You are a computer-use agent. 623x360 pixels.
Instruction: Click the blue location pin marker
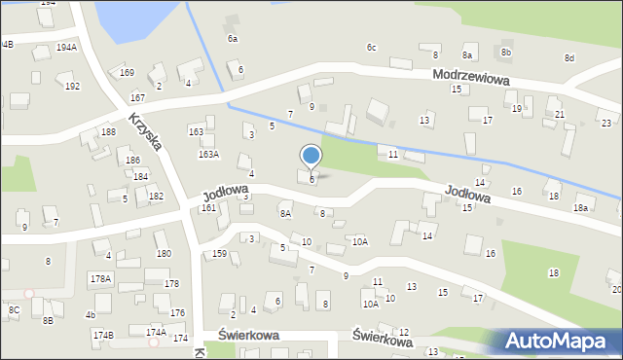coord(311,157)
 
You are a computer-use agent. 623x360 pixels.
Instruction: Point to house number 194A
coord(66,47)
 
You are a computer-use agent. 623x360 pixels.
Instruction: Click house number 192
coord(72,87)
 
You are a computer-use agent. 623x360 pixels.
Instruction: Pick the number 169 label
coord(127,73)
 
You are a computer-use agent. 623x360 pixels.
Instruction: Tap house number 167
coord(137,98)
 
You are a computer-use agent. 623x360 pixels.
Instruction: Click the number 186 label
coord(132,160)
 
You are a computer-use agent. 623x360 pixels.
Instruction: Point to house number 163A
coord(208,155)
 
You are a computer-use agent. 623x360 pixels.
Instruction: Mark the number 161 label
coord(208,208)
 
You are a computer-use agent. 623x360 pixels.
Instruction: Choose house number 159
coord(220,254)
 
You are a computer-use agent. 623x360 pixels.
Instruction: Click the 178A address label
coord(101,278)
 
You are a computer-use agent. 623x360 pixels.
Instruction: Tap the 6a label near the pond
coord(233,39)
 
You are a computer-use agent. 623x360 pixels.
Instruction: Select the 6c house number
coord(371,47)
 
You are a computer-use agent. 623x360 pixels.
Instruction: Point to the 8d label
coord(569,58)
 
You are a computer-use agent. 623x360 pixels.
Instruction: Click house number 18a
coord(581,208)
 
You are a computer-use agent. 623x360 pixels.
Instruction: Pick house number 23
coord(605,123)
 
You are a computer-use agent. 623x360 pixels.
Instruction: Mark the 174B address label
coord(103,336)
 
